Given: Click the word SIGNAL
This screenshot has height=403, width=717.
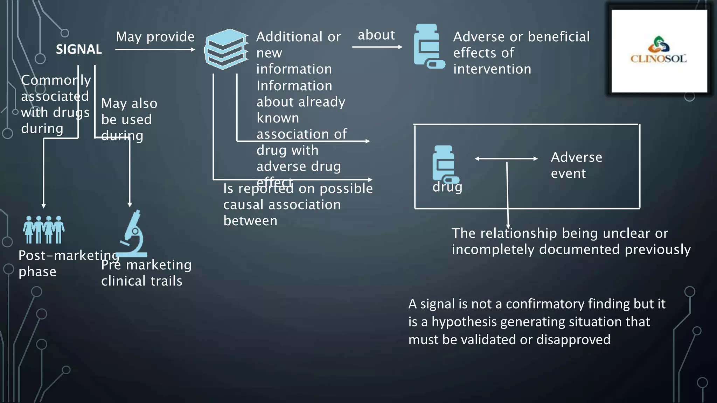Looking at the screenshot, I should click(79, 49).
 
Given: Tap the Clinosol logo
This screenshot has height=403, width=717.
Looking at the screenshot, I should click(659, 51).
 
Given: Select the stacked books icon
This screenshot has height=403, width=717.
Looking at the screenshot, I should click(226, 49).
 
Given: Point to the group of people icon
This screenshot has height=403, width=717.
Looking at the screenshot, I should click(44, 229).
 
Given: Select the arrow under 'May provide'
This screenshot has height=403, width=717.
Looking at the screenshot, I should click(155, 50).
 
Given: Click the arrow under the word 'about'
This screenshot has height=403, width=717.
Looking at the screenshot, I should click(377, 47).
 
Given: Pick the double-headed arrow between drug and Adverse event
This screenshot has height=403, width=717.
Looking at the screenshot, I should click(506, 158).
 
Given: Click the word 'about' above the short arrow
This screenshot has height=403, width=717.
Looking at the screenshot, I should click(376, 35).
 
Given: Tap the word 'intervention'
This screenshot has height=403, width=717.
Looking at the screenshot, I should click(492, 69).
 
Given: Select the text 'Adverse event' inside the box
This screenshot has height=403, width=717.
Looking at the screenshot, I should click(576, 165).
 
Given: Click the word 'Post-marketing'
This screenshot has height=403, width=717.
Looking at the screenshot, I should click(69, 255).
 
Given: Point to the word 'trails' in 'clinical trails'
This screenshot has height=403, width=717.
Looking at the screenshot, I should click(166, 281).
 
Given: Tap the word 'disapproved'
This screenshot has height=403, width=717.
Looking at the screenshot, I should click(573, 339).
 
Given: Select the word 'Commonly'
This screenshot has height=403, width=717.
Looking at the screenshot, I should click(56, 80).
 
